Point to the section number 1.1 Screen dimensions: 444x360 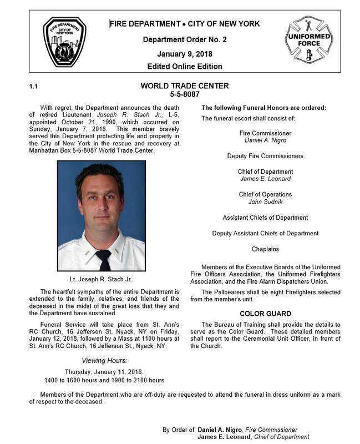(33, 87)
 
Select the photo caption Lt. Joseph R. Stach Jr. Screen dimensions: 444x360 (102, 279)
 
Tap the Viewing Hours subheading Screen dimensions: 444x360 (104, 360)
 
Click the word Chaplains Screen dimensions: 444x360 (265, 249)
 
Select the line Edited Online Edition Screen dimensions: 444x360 (184, 67)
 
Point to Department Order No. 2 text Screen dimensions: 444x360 (184, 40)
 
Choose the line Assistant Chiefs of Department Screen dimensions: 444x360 (265, 218)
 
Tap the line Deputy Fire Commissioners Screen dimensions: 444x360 (265, 157)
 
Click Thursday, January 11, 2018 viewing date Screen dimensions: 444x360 (104, 371)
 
